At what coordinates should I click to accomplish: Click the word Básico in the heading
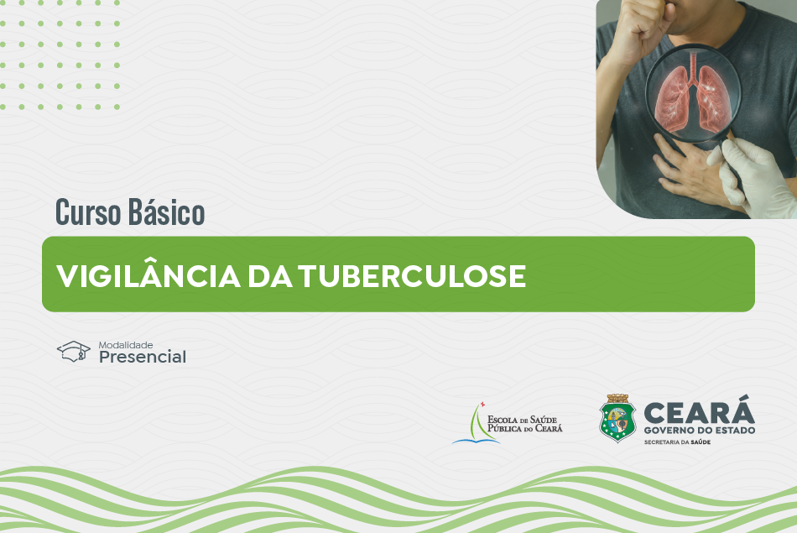coord(166,212)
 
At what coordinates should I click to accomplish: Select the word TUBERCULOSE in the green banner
coord(412,276)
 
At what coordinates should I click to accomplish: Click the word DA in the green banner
coord(270,276)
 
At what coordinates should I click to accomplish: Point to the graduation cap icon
coord(74,352)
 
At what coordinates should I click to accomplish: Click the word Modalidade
coord(126,345)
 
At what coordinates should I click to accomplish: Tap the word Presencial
coord(143,357)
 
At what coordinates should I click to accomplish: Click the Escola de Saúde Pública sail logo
coord(477,423)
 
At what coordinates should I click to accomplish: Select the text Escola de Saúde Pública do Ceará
coord(524,424)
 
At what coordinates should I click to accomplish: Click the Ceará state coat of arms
coord(617,418)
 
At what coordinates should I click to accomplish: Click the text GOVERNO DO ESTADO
coord(700,431)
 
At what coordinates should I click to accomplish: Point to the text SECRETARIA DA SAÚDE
coord(677,442)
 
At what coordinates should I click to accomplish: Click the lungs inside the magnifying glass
coord(693,97)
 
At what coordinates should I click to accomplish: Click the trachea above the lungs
coord(693,67)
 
